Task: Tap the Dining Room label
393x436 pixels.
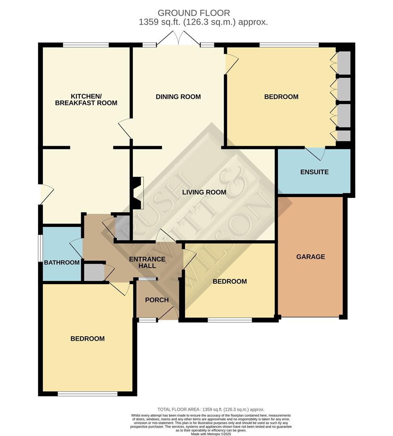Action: pos(178,97)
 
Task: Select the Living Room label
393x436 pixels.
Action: pos(204,192)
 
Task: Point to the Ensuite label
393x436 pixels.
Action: pos(314,172)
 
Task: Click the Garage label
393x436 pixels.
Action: pos(311,257)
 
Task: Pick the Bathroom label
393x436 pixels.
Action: pos(62,262)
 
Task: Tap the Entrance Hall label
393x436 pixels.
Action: pos(147,262)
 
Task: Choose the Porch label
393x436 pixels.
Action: pos(157,300)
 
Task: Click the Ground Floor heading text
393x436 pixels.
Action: pos(194,13)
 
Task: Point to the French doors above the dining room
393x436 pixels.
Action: pos(179,40)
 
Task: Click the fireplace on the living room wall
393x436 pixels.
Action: pos(138,193)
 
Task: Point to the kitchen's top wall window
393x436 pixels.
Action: pos(86,45)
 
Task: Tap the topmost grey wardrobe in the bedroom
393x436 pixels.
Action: pos(344,63)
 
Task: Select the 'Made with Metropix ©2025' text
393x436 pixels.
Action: pos(210,434)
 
